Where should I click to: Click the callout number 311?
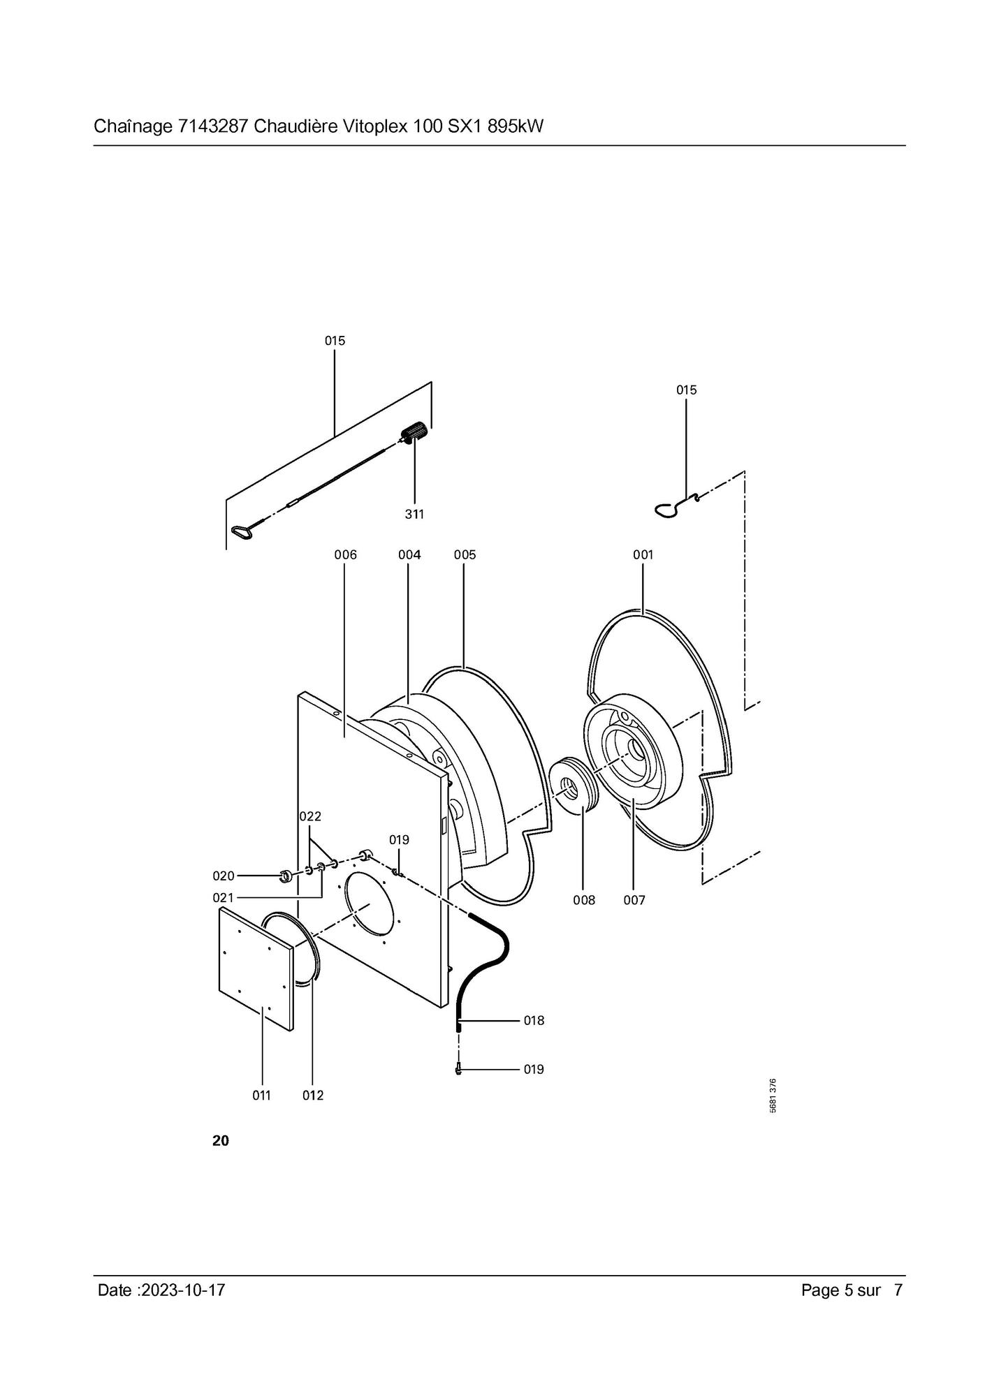(414, 514)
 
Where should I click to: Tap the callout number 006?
(345, 554)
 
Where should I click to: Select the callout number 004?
(409, 554)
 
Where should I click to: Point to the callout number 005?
(465, 554)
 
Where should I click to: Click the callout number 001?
(643, 554)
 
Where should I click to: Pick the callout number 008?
(584, 900)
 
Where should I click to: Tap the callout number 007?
(634, 900)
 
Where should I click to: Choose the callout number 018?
(534, 1020)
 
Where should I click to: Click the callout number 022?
(310, 816)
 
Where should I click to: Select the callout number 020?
(224, 876)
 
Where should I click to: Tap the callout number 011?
(261, 1096)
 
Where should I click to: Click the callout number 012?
(313, 1096)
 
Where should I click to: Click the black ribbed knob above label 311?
(415, 432)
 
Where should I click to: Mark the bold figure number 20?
(220, 1141)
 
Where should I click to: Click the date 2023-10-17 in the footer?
(183, 1290)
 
